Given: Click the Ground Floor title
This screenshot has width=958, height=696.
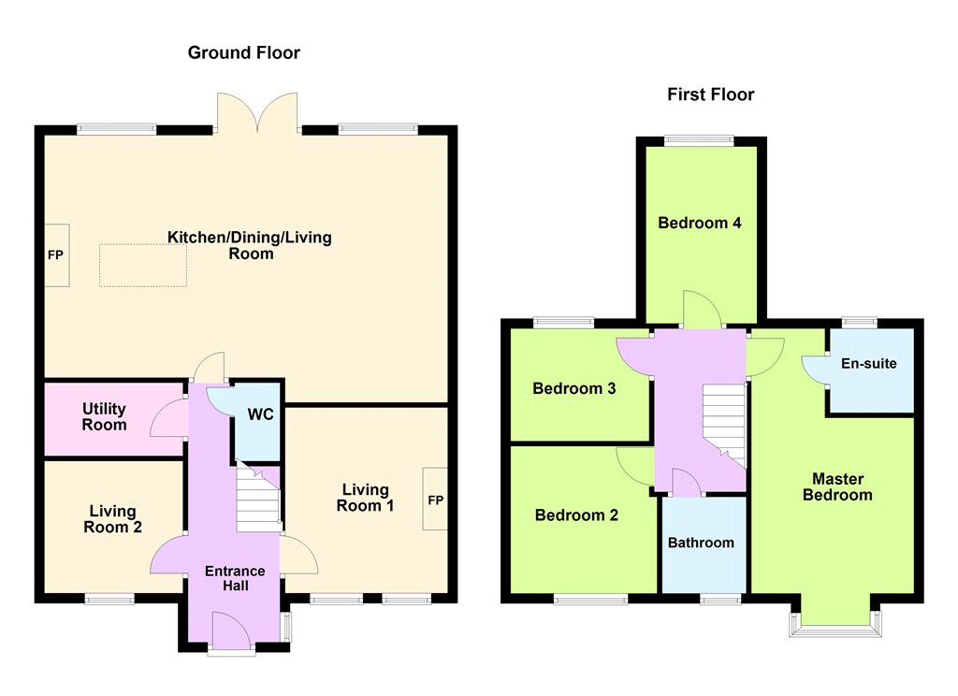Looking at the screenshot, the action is point(244,52).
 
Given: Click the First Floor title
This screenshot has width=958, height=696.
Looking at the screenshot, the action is point(711,94).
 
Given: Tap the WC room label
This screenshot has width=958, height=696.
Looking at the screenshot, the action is point(260,414).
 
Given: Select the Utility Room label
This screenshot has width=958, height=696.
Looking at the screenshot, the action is point(105,416).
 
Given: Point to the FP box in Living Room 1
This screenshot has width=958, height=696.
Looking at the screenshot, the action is point(435,500).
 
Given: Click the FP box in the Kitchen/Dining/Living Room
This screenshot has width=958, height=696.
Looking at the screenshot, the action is point(56,254).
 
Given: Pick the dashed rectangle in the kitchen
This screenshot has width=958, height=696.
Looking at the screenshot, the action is point(143,265).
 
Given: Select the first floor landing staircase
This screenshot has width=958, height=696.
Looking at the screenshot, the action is point(725,426).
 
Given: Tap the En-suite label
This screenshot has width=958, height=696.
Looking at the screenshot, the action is point(869,364).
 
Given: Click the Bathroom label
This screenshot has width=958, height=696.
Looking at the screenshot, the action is point(701,543).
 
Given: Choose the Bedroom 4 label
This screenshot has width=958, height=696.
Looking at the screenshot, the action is point(700,223).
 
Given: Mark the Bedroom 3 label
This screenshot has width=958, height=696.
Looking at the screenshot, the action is point(574,388).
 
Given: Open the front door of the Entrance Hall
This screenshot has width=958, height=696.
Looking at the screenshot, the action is point(232,633).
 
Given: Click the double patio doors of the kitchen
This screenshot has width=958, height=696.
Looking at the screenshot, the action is point(257,112).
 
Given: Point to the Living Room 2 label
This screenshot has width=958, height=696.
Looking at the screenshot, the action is point(113,519).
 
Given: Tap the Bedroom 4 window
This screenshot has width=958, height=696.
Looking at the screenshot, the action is point(700,140).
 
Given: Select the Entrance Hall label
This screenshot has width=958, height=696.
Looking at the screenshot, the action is point(235,578).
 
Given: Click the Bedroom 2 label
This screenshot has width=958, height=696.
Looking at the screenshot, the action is point(576,515).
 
